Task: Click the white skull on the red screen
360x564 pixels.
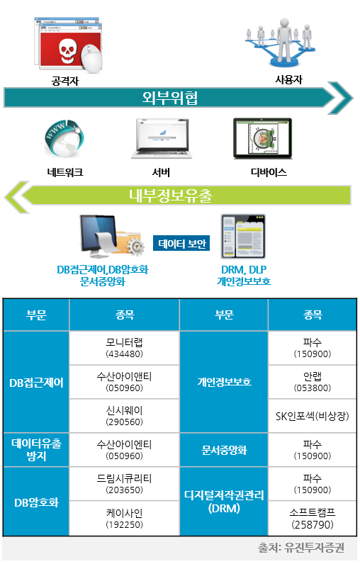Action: pyautogui.click(x=67, y=50)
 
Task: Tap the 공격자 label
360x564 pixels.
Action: pyautogui.click(x=64, y=81)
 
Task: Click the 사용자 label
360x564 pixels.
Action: pyautogui.click(x=289, y=79)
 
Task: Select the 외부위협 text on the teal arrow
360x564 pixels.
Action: pyautogui.click(x=170, y=98)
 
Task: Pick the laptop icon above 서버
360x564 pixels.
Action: pyautogui.click(x=161, y=139)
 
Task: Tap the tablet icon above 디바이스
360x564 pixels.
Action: pyautogui.click(x=262, y=138)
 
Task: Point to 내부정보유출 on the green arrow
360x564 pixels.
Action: pyautogui.click(x=171, y=196)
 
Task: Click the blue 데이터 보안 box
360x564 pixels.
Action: pyautogui.click(x=181, y=244)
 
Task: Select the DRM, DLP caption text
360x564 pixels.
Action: pyautogui.click(x=244, y=269)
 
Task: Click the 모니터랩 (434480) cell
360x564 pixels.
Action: pyautogui.click(x=125, y=348)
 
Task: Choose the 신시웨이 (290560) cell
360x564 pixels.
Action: pyautogui.click(x=125, y=416)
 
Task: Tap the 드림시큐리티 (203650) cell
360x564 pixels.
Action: pyautogui.click(x=125, y=484)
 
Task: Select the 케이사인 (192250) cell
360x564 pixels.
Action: pyautogui.click(x=125, y=519)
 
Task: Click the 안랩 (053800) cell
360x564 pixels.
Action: pyautogui.click(x=313, y=382)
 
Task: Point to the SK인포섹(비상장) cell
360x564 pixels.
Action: pyautogui.click(x=313, y=416)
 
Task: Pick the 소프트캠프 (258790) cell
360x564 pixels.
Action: pyautogui.click(x=313, y=519)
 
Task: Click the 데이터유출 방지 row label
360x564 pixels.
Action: pyautogui.click(x=36, y=450)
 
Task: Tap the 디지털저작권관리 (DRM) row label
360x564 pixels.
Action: pyautogui.click(x=224, y=502)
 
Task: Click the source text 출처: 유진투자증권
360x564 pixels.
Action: pyautogui.click(x=301, y=548)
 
